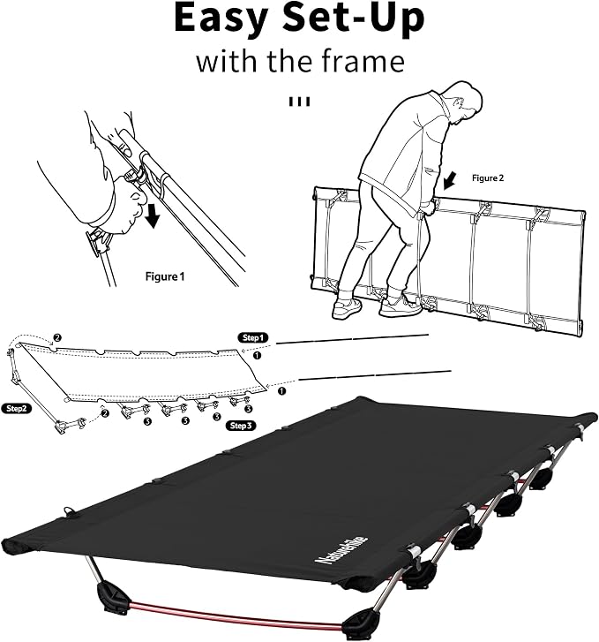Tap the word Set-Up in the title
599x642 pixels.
pos(354,18)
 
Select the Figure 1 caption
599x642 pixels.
pos(165,276)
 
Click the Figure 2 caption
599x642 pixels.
pos(488,178)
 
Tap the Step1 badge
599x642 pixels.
pos(253,338)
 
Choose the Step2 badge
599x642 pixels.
pos(17,408)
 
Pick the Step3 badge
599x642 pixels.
pos(241,426)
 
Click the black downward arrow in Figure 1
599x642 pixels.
pos(153,215)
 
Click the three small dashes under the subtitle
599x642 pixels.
pos(300,102)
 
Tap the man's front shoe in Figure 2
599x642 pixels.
pos(400,306)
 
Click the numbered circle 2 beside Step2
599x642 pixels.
pos(105,413)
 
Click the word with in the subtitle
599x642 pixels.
pos(228,61)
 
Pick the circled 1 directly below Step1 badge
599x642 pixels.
pos(257,355)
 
